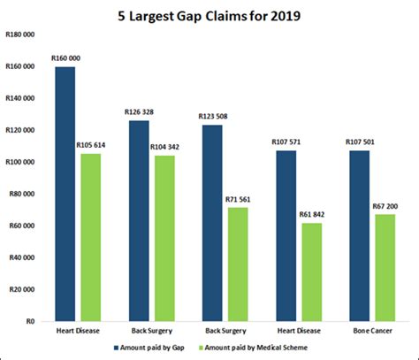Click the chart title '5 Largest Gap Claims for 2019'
209,15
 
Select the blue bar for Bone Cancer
359,234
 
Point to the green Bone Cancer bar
385,266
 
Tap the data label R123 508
214,117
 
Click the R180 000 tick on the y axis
20,34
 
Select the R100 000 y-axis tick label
20,162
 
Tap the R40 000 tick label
22,257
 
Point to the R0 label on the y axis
30,321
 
